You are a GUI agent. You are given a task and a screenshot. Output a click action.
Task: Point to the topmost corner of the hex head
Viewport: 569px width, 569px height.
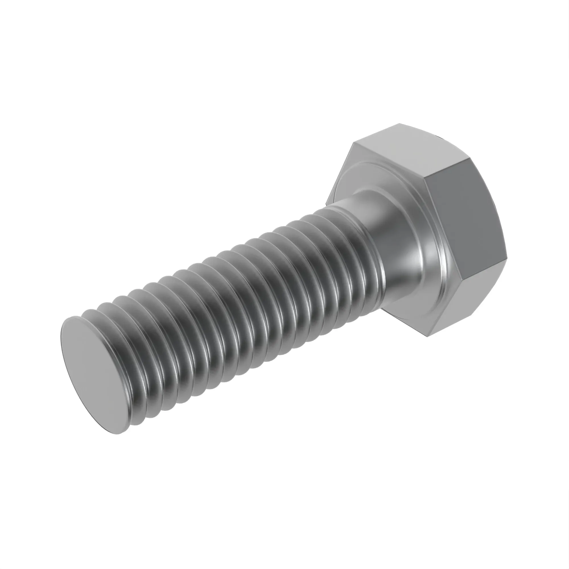pos(399,124)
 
